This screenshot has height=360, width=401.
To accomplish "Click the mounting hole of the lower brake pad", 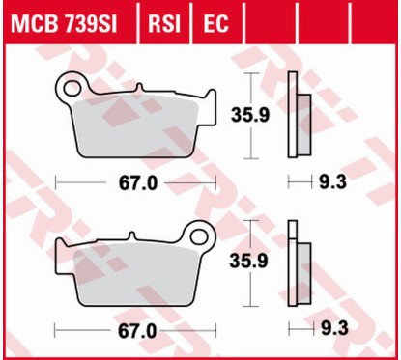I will click(202, 234).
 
